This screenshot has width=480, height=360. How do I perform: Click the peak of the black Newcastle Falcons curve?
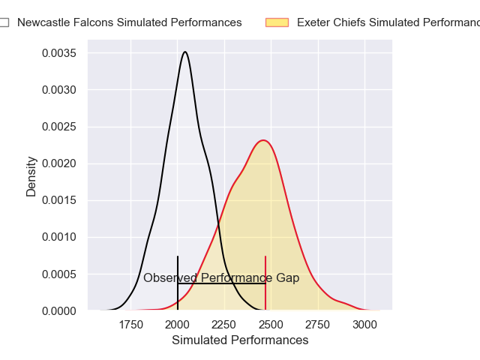pos(184,52)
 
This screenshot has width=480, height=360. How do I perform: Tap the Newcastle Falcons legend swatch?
pos(4,22)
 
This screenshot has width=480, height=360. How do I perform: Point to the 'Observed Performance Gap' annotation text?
pos(221,278)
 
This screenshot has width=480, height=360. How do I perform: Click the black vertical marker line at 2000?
pos(178,270)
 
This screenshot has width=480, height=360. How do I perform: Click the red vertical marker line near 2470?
pos(265,270)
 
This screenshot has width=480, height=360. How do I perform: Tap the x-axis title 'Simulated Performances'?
pos(240,340)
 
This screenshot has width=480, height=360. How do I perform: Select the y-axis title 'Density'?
pos(31,176)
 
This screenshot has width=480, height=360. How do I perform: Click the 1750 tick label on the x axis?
pos(130,324)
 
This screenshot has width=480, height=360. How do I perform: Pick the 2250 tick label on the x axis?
pos(224,324)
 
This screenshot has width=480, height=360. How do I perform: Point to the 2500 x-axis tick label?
pos(271,324)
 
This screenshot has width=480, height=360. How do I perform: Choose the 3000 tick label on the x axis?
pos(364,324)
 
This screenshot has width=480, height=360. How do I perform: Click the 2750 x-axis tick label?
pos(318,324)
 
